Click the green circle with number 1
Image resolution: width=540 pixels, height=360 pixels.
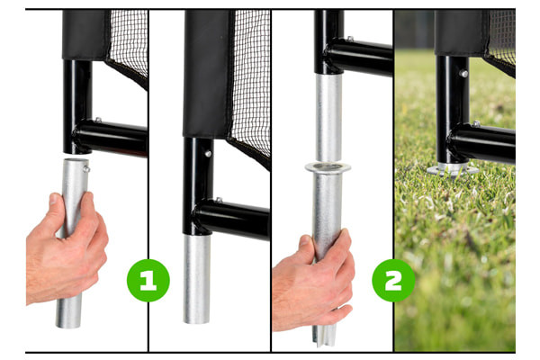(x=148, y=281)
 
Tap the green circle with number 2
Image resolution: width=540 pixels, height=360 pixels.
(x=393, y=281)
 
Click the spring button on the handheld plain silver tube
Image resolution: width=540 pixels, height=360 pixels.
(x=86, y=169)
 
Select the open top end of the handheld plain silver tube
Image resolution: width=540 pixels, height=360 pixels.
(x=76, y=160)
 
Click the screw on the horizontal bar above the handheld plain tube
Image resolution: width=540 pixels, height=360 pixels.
(x=98, y=120)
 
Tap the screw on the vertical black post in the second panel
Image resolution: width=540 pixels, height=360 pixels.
(x=208, y=154)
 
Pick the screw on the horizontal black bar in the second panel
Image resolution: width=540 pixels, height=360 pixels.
(x=219, y=200)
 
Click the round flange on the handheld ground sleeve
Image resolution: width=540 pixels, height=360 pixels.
(x=328, y=167)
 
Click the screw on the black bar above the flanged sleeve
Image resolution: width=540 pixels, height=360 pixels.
(x=350, y=39)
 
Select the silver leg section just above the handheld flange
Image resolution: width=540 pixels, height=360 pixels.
(x=328, y=118)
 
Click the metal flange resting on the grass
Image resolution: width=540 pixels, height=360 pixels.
(x=453, y=170)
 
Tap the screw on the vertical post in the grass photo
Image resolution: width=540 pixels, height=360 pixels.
(x=463, y=74)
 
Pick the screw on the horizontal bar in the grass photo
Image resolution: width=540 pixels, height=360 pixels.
(x=476, y=123)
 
